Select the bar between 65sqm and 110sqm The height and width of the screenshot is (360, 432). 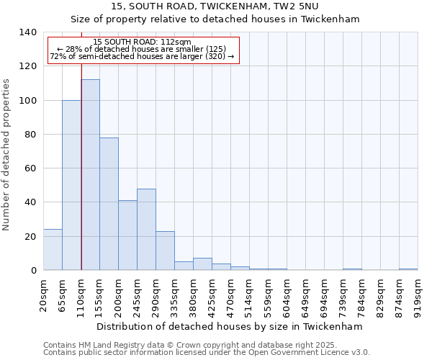tap(71, 185)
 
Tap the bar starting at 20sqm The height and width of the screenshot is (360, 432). tap(53, 250)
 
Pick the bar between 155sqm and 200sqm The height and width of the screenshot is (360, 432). tap(109, 204)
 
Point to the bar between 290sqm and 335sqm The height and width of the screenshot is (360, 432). tap(165, 251)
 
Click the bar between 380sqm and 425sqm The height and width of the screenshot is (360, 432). tap(202, 264)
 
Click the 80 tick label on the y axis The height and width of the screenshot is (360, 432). tap(30, 135)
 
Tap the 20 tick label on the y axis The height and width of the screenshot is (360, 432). tap(30, 237)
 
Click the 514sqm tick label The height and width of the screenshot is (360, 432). tap(249, 294)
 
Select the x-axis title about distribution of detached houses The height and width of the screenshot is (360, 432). tap(229, 326)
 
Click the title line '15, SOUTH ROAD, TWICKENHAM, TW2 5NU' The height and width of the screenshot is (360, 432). tap(215, 6)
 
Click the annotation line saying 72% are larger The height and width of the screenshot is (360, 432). tap(142, 56)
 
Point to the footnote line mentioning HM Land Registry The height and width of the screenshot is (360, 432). tap(206, 345)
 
